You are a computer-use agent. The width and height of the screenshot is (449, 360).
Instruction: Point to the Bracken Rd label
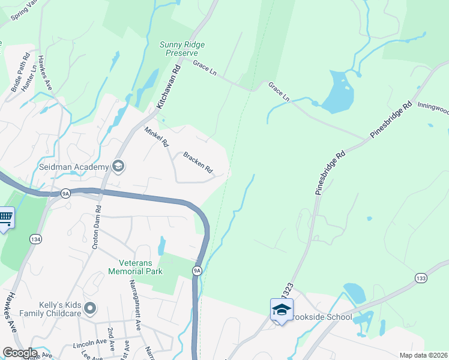point(198,162)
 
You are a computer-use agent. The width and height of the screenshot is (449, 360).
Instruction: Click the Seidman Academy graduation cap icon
point(118,166)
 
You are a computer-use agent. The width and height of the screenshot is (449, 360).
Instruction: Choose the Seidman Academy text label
point(74,167)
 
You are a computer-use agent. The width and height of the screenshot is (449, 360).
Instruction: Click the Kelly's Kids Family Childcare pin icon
point(91,308)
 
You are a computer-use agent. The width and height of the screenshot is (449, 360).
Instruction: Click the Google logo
point(19,353)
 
